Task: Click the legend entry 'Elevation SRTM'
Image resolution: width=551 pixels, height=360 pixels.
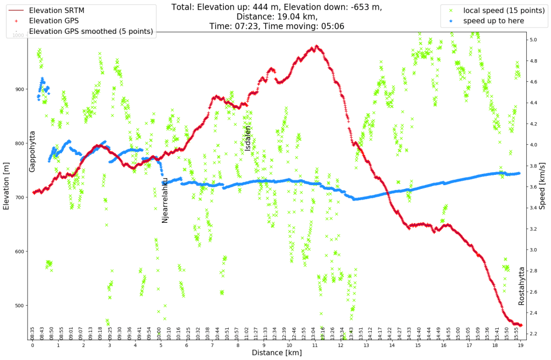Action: tap(56, 10)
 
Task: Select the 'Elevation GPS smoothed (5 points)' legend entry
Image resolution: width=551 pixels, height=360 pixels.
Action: tap(91, 31)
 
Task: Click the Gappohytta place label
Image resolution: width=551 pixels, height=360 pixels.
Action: tap(32, 151)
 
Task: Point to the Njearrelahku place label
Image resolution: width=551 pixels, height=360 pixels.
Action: tap(165, 200)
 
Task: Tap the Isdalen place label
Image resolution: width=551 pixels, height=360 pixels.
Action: tap(248, 138)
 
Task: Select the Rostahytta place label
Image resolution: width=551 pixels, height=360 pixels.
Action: tap(521, 286)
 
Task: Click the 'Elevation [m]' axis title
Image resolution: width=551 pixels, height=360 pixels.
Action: tap(7, 187)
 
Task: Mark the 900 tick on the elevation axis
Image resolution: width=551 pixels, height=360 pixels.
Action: tap(19, 89)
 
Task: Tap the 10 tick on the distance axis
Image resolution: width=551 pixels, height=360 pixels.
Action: tap(289, 345)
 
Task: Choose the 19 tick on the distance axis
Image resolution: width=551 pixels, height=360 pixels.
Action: tap(520, 345)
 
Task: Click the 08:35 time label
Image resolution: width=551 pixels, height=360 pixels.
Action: tap(33, 333)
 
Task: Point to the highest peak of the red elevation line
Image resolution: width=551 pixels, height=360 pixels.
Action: tap(317, 46)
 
